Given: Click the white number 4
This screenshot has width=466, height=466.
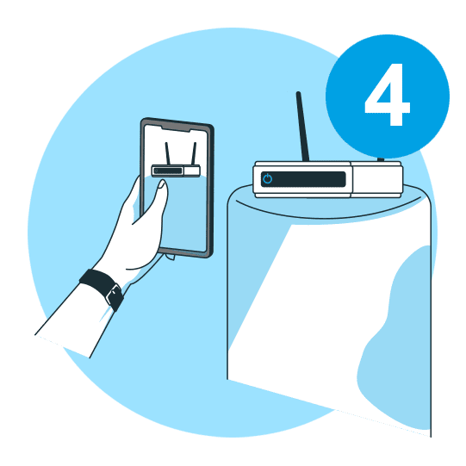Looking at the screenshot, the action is [x=388, y=95].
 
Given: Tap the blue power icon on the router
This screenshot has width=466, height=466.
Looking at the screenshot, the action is [x=268, y=178].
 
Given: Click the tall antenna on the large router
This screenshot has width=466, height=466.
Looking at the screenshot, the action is [x=302, y=127].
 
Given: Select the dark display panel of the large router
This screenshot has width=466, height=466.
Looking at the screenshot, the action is [x=303, y=179].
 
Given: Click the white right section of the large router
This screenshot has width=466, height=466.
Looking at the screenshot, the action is [x=376, y=179].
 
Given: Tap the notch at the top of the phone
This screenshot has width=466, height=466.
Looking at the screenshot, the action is [x=176, y=129].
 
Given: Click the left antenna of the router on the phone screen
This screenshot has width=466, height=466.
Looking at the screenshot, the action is [x=168, y=153].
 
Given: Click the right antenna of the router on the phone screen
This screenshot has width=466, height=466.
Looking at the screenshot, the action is [x=194, y=153].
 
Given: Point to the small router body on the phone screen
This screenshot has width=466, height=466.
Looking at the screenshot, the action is [x=176, y=171].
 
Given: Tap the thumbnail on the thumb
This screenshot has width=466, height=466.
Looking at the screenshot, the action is [x=162, y=184].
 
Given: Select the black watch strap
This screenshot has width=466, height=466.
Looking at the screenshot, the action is [x=102, y=289].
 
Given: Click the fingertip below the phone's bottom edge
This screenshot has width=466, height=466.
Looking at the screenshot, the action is [x=171, y=257].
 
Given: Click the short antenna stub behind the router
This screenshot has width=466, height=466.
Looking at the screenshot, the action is [x=381, y=159].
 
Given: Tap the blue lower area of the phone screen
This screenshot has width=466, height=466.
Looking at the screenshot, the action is [x=184, y=214].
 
